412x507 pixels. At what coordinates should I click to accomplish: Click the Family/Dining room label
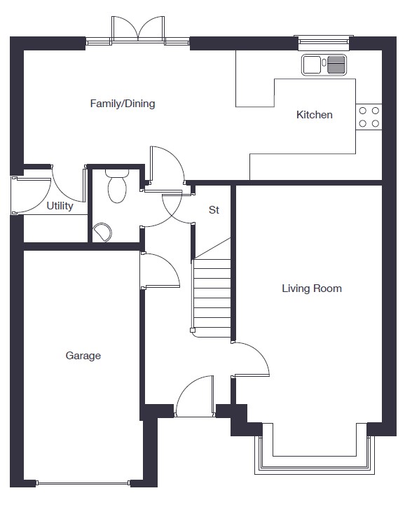[123, 104]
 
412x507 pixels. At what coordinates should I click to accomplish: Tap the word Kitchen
[315, 115]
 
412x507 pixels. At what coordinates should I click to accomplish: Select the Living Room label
[312, 289]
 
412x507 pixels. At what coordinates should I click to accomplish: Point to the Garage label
[83, 356]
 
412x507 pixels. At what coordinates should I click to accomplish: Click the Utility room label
[60, 206]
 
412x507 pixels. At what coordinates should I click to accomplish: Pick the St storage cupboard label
[214, 210]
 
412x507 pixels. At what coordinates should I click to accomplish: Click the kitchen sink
[324, 64]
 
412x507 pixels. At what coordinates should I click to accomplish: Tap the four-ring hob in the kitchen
[369, 117]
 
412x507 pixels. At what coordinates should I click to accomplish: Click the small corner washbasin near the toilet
[102, 232]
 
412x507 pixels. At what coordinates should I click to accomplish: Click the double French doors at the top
[138, 29]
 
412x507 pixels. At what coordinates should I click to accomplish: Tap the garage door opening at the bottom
[83, 483]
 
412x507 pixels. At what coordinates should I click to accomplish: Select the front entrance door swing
[195, 396]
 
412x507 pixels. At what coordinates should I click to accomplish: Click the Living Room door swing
[251, 359]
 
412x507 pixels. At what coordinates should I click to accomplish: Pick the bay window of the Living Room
[315, 456]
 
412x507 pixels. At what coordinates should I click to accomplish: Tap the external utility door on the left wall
[32, 195]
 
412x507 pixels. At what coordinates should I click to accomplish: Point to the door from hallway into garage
[160, 270]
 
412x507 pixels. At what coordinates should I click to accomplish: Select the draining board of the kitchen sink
[336, 64]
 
